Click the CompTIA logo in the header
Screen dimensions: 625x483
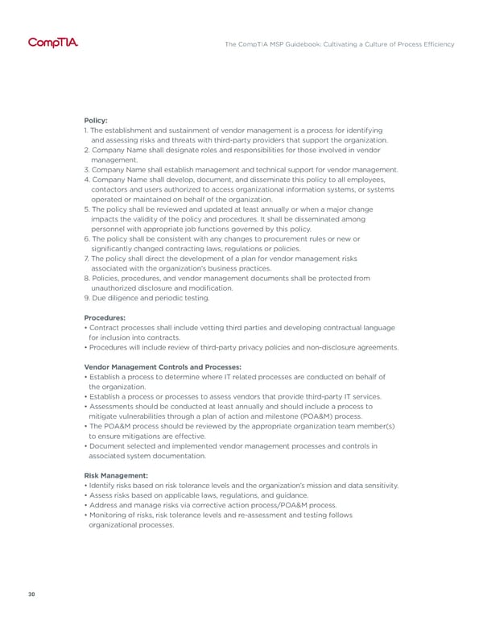pyautogui.click(x=53, y=43)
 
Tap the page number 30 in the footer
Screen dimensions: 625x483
pyautogui.click(x=30, y=594)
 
